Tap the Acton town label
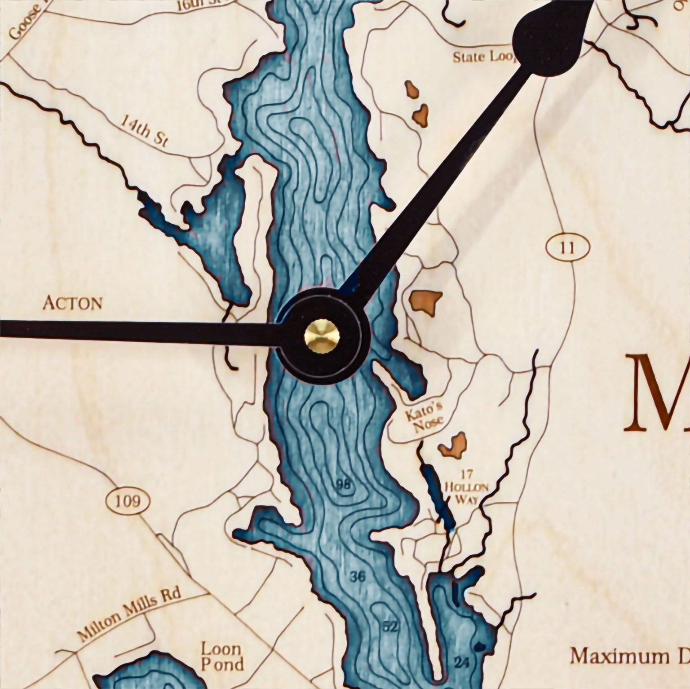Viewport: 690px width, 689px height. point(72,303)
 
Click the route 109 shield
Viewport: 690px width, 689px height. point(128,500)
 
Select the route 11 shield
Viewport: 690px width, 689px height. point(567,247)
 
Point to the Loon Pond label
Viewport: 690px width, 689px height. point(222,656)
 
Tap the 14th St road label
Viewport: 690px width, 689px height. point(144,131)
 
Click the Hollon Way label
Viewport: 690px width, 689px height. point(467,493)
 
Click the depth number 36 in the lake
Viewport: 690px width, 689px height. point(358,576)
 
